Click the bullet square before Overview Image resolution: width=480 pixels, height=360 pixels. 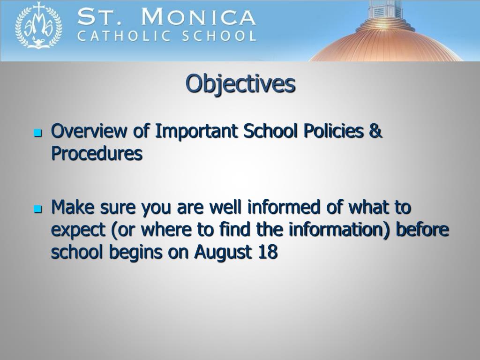tap(38, 133)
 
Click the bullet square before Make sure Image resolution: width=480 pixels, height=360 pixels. tap(38, 208)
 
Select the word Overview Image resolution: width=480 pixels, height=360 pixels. tap(89, 132)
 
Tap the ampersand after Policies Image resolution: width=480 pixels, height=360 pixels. tap(376, 132)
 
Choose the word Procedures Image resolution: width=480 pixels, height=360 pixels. tap(97, 153)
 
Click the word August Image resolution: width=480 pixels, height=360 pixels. tap(223, 252)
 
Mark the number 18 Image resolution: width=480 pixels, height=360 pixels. tap(268, 252)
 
